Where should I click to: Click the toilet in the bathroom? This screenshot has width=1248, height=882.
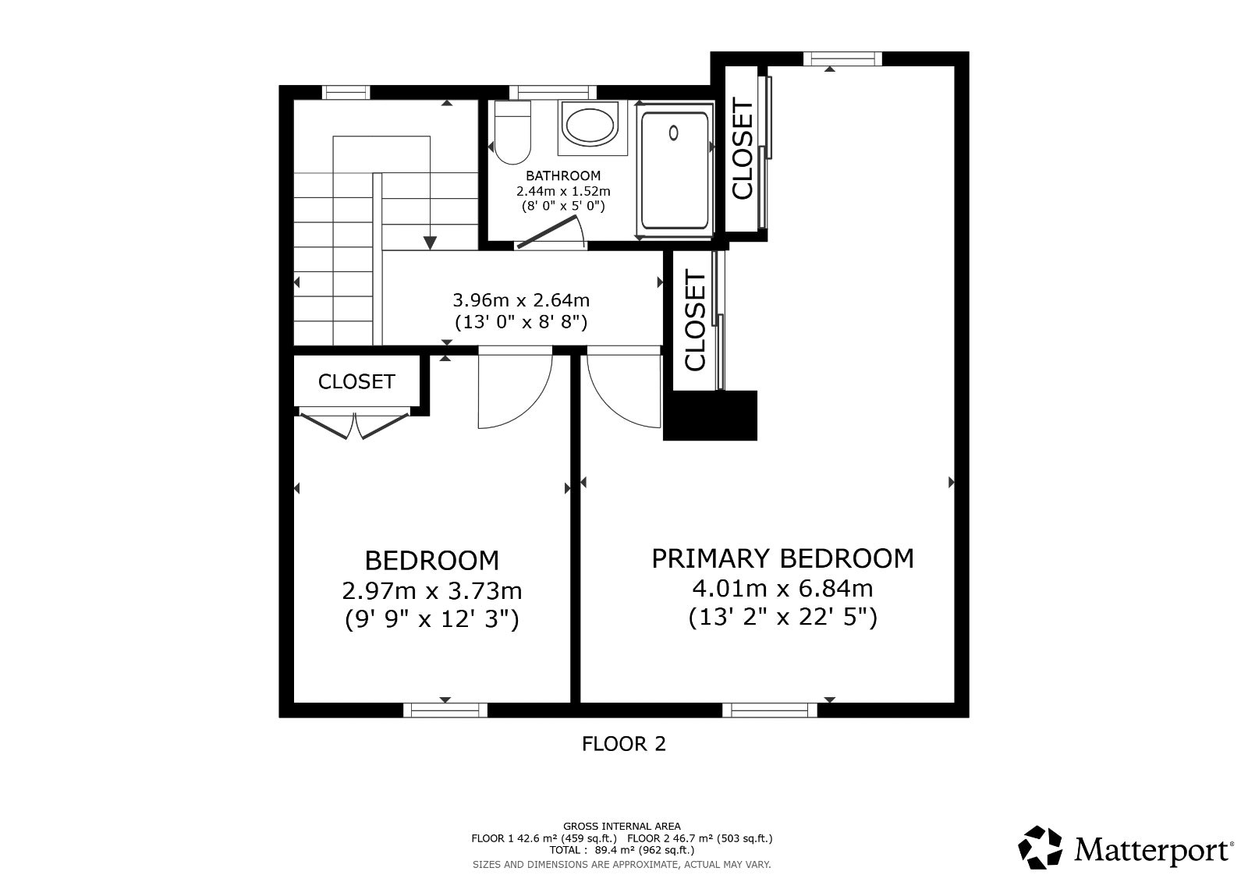pyautogui.click(x=512, y=132)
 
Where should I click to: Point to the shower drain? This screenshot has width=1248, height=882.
pyautogui.click(x=674, y=133)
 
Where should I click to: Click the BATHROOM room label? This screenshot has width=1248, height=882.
pyautogui.click(x=562, y=176)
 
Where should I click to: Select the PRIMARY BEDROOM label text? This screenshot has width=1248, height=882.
pyautogui.click(x=783, y=558)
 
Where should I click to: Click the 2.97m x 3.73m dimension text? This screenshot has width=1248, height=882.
pyautogui.click(x=432, y=590)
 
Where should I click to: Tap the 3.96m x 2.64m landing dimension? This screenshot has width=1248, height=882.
pyautogui.click(x=521, y=300)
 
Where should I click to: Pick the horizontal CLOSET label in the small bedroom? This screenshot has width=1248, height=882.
pyautogui.click(x=356, y=381)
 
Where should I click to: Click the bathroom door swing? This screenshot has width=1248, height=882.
pyautogui.click(x=551, y=232)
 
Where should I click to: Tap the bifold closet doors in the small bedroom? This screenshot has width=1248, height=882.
pyautogui.click(x=354, y=424)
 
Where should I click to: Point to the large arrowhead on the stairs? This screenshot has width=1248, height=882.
pyautogui.click(x=430, y=243)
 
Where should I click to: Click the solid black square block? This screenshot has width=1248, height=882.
pyautogui.click(x=710, y=416)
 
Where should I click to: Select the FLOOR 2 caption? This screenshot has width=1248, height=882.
pyautogui.click(x=624, y=744)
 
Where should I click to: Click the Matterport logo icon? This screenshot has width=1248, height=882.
pyautogui.click(x=1040, y=847)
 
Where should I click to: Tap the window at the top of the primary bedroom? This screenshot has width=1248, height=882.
pyautogui.click(x=843, y=58)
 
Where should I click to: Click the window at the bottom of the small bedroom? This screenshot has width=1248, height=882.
pyautogui.click(x=445, y=710)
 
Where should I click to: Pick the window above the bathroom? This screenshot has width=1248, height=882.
pyautogui.click(x=553, y=92)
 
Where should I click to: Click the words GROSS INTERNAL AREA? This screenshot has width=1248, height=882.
pyautogui.click(x=622, y=827)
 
